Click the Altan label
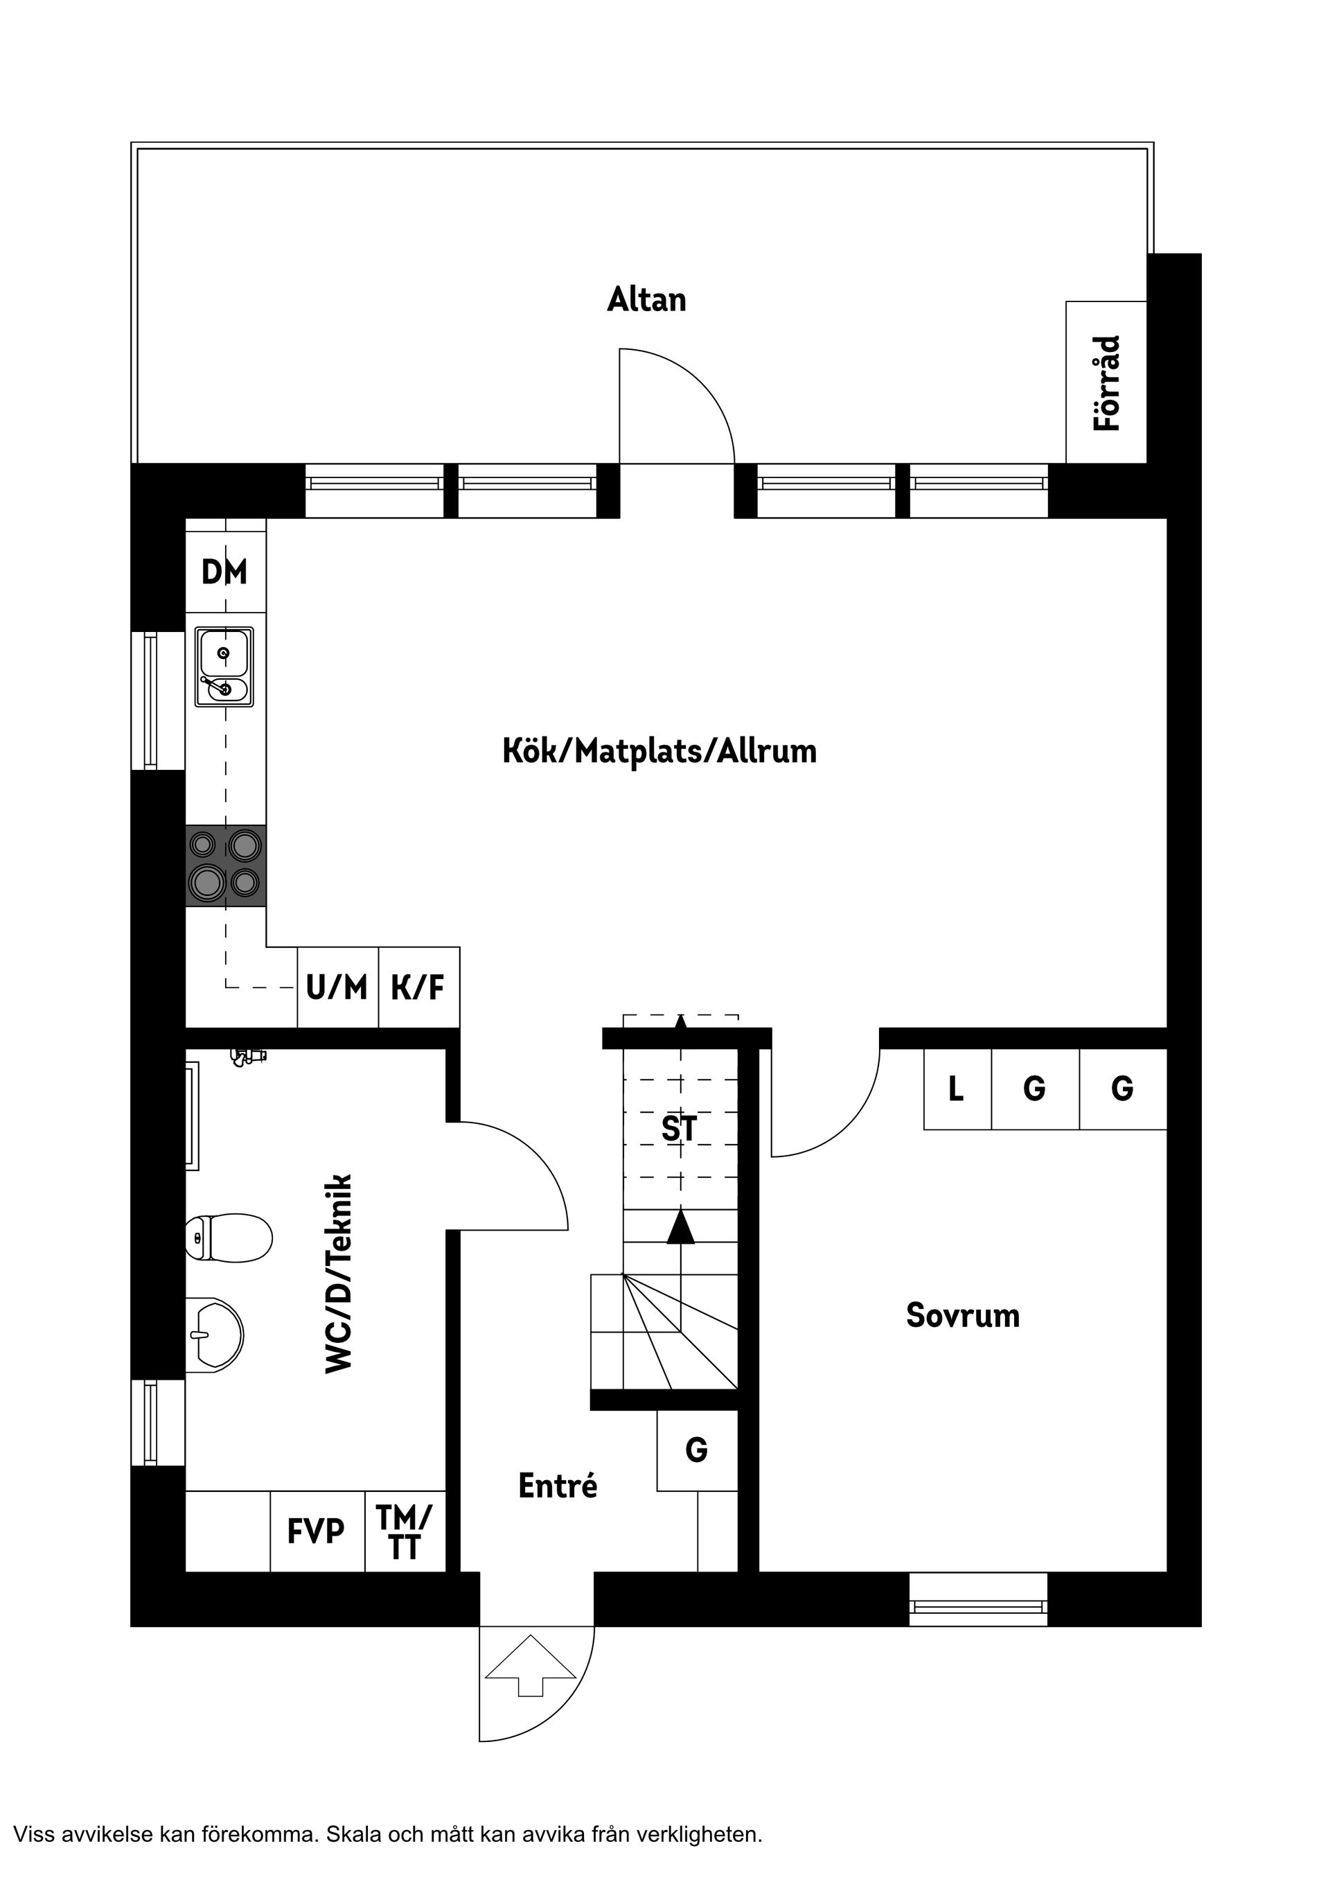[646, 300]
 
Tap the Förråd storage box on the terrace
[1106, 382]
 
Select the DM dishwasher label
[224, 572]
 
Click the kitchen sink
[224, 667]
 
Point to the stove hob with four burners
[225, 865]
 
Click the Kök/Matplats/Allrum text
[659, 752]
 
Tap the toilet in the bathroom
[229, 1238]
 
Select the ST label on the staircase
[680, 1129]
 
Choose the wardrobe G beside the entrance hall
[697, 1450]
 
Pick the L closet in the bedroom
[957, 1089]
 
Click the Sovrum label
[962, 1316]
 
